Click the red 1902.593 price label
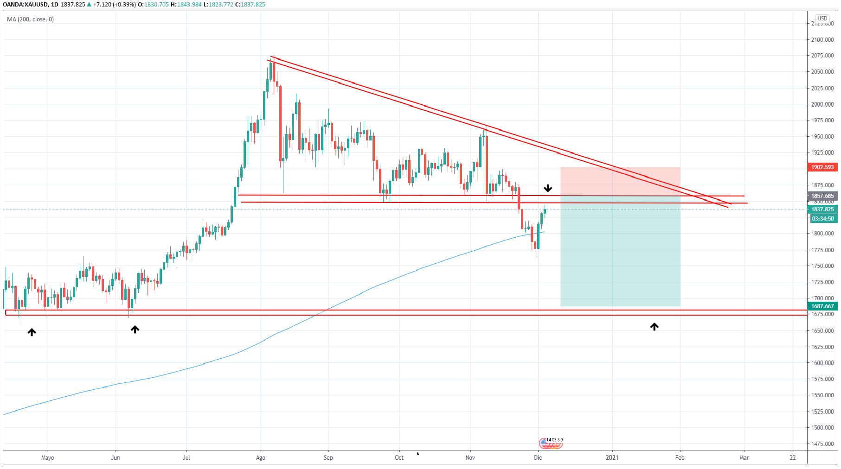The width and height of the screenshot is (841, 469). click(822, 167)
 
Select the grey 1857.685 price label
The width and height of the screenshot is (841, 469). click(822, 196)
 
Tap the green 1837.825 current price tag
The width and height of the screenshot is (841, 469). click(822, 209)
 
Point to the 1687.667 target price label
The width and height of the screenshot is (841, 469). click(822, 306)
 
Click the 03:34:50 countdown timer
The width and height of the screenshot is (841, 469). click(822, 219)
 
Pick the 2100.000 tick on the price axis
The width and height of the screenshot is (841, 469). click(822, 40)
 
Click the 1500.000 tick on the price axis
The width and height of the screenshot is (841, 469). click(822, 428)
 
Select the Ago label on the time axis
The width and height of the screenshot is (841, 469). click(261, 458)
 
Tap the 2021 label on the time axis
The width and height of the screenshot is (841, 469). click(612, 458)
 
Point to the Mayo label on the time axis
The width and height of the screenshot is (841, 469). click(48, 458)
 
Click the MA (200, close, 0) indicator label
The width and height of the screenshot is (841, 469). click(31, 19)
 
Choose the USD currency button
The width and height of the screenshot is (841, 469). click(822, 19)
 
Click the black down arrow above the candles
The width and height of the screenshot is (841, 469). click(548, 188)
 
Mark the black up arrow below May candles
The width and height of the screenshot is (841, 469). click(32, 332)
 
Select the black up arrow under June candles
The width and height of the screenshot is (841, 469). click(135, 330)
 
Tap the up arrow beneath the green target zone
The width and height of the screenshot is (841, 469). click(654, 327)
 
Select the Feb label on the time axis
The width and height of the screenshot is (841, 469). click(680, 458)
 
